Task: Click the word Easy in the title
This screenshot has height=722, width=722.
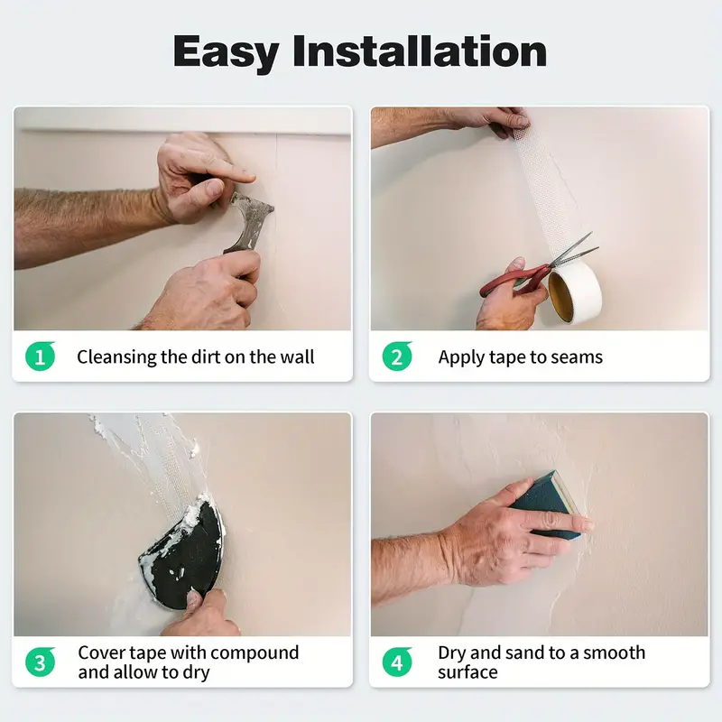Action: point(227,53)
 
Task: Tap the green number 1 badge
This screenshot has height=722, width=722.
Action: point(40,356)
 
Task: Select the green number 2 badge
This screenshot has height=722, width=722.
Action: point(397,356)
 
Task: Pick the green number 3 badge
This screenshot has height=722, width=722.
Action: point(40,662)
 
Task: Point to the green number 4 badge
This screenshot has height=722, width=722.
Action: point(397,662)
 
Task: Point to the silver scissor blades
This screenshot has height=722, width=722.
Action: point(574,251)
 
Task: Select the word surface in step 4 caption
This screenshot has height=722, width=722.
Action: point(467,672)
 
